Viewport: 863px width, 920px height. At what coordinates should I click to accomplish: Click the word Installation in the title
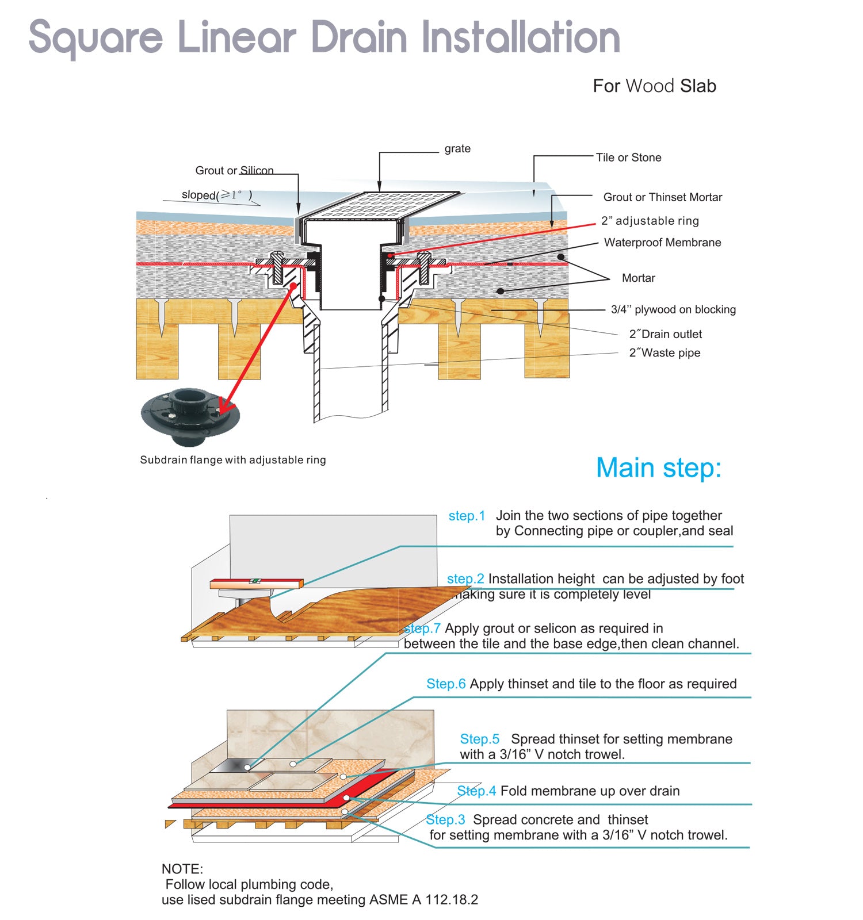[x=521, y=37]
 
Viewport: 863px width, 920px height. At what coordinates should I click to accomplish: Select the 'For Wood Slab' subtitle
[x=655, y=86]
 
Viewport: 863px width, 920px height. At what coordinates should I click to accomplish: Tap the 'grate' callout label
[x=457, y=149]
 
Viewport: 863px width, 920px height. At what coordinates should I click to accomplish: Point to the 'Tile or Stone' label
[x=629, y=158]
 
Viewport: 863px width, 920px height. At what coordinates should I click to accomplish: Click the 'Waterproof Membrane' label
[x=662, y=243]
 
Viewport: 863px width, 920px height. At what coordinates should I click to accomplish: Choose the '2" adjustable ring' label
[x=650, y=221]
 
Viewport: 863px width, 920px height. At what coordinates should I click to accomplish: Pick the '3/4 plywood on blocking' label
[x=673, y=309]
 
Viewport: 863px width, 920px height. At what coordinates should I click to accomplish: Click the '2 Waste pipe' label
[x=665, y=352]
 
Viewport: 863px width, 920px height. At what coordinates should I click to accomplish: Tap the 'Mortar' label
[x=639, y=278]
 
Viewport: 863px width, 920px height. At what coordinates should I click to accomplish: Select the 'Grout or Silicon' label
[x=234, y=171]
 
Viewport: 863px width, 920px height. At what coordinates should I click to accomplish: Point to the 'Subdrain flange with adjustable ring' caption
[x=233, y=460]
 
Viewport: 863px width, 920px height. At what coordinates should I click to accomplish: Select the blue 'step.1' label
[x=467, y=516]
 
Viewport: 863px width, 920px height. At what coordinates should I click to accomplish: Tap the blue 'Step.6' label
[x=446, y=684]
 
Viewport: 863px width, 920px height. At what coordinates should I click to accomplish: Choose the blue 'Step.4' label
[x=476, y=791]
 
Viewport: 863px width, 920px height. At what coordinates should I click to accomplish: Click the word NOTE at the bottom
[x=182, y=869]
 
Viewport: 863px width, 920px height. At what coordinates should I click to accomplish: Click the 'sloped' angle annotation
[x=217, y=195]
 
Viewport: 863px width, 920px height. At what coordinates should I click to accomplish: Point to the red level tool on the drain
[x=257, y=584]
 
